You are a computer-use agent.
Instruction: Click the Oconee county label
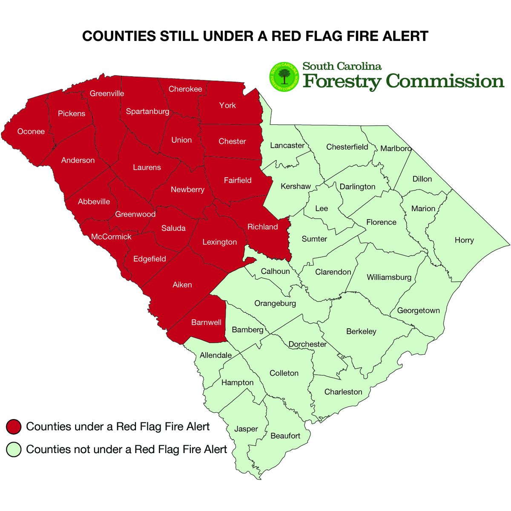pyautogui.click(x=31, y=132)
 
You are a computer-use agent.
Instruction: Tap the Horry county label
pyautogui.click(x=464, y=240)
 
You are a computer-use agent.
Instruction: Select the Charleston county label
pyautogui.click(x=343, y=392)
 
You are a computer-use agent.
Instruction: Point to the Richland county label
pyautogui.click(x=263, y=227)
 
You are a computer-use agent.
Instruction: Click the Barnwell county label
pyautogui.click(x=207, y=322)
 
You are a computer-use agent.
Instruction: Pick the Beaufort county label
pyautogui.click(x=285, y=436)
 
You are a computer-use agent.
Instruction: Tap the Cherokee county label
pyautogui.click(x=185, y=89)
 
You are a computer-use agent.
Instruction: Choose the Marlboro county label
pyautogui.click(x=396, y=149)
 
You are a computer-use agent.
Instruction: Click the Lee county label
pyautogui.click(x=322, y=208)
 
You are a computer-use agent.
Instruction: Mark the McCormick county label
pyautogui.click(x=111, y=237)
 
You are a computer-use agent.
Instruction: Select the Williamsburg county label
pyautogui.click(x=389, y=277)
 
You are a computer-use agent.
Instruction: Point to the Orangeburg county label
pyautogui.click(x=275, y=304)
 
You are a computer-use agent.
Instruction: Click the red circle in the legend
pyautogui.click(x=14, y=427)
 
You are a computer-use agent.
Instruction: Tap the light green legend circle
pyautogui.click(x=14, y=450)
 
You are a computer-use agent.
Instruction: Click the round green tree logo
pyautogui.click(x=283, y=77)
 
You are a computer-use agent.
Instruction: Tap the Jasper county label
pyautogui.click(x=246, y=429)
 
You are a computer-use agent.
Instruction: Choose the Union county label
pyautogui.click(x=181, y=140)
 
